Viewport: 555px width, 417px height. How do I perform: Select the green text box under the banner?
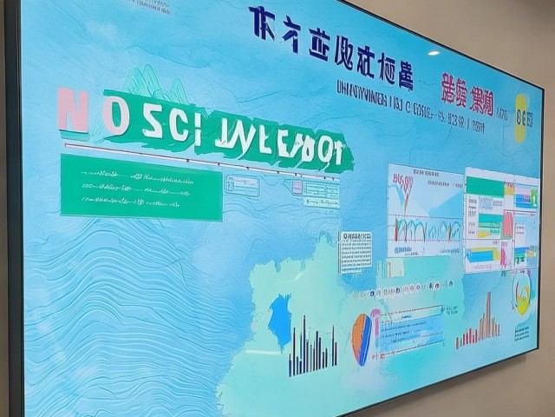coord(141,187)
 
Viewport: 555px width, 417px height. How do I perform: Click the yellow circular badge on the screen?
coord(521,117)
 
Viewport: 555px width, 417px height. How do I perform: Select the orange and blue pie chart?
coord(363,338)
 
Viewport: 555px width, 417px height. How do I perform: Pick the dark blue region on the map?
coord(280,320)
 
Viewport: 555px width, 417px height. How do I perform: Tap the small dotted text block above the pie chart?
coord(356,252)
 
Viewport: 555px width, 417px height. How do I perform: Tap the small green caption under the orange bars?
coord(520,332)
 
